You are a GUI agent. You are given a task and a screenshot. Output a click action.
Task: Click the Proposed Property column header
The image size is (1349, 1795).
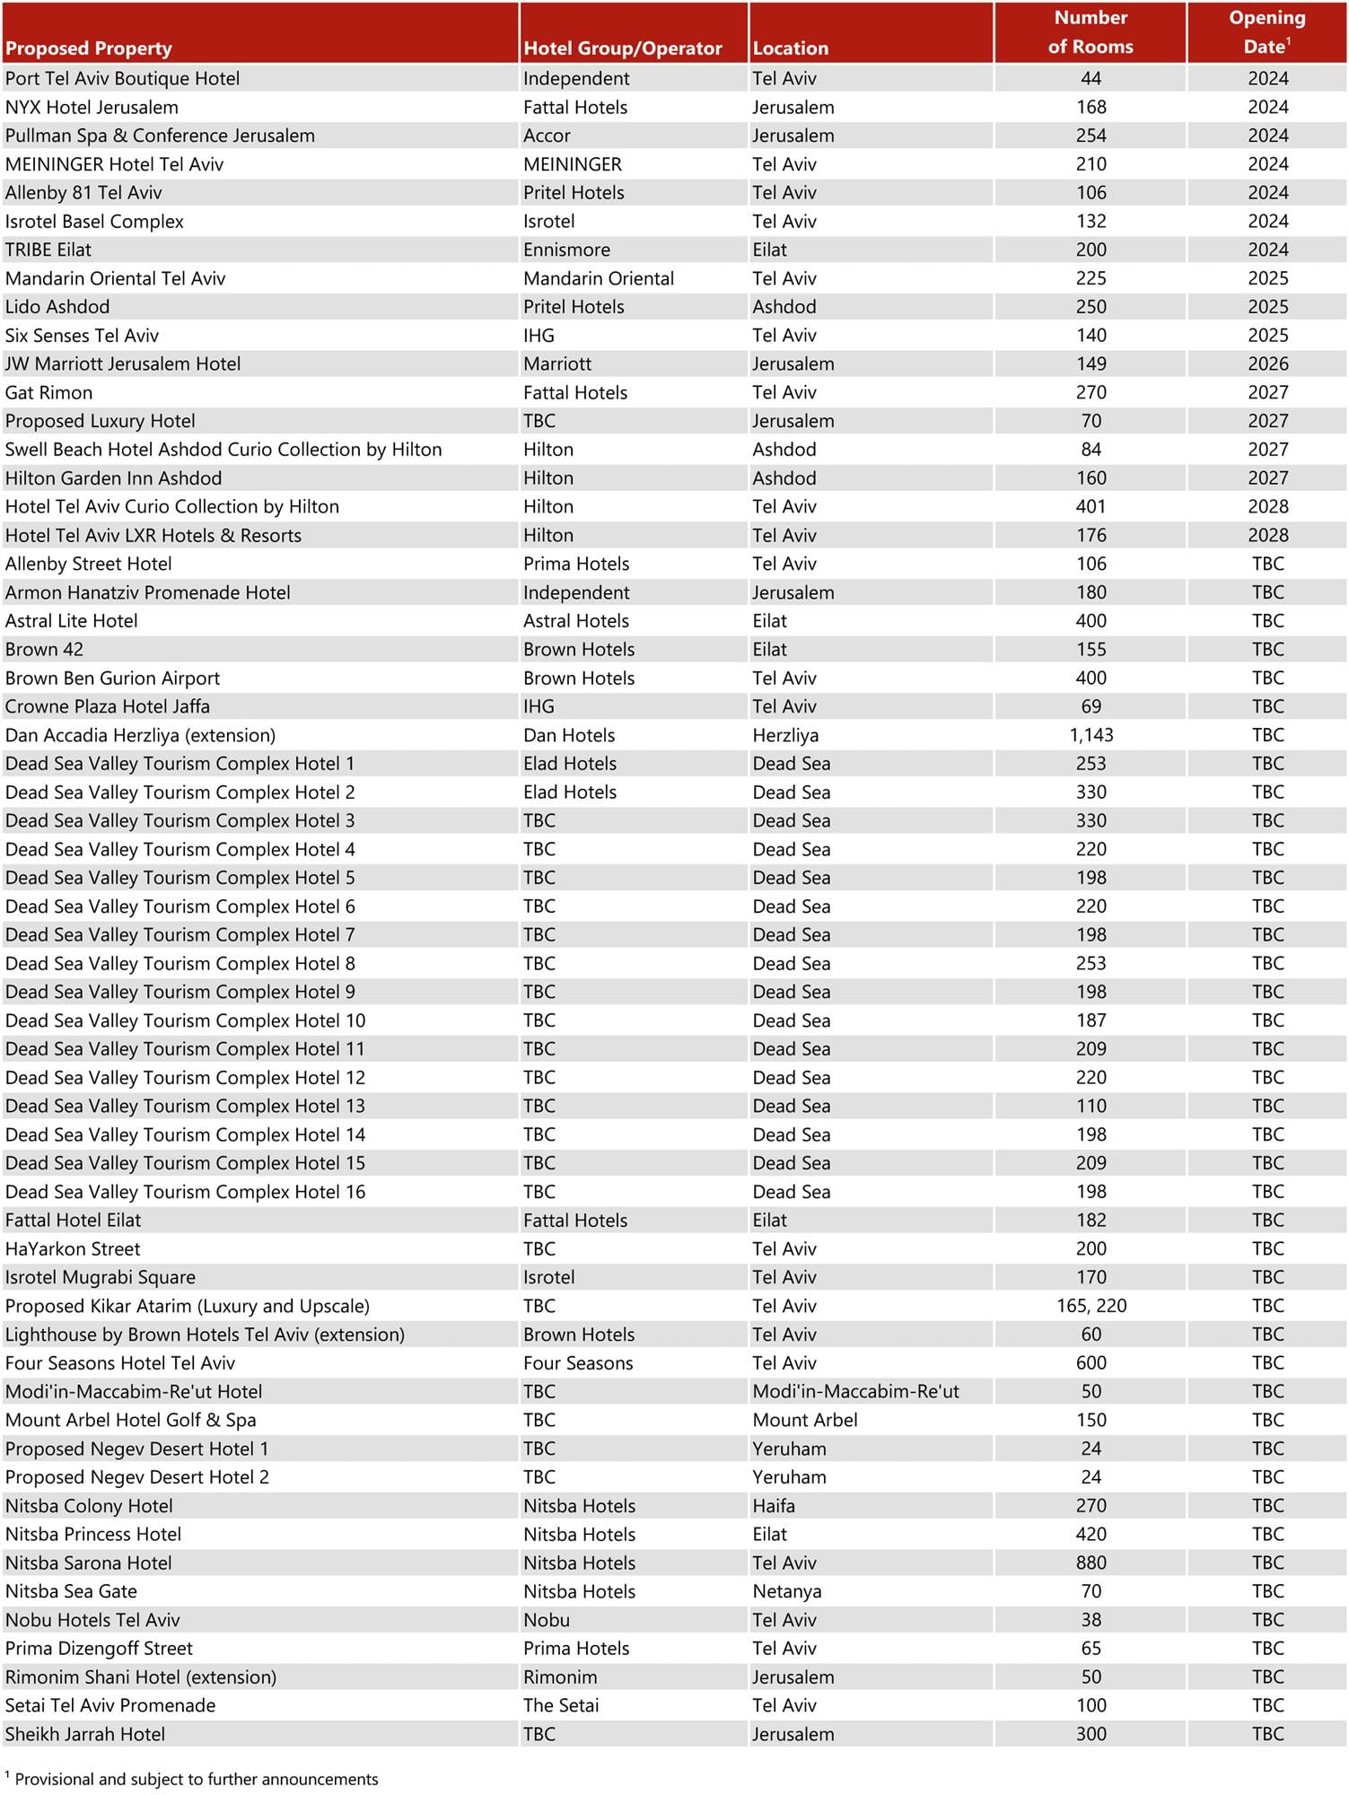pos(88,48)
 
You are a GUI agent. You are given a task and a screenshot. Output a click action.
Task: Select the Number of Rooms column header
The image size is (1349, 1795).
pos(1091,32)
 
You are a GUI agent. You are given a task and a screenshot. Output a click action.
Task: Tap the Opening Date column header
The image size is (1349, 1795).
pos(1266,32)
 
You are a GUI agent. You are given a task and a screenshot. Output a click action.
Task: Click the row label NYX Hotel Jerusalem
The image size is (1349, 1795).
pos(92,108)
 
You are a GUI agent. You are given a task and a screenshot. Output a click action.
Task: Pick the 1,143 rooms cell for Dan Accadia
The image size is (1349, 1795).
pos(1091,735)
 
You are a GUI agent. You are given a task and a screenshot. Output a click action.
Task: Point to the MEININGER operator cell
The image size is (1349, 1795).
pos(573,164)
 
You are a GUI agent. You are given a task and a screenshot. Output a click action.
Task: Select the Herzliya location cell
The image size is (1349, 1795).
pos(785,735)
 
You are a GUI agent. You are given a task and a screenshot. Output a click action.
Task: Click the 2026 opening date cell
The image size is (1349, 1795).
pos(1267,363)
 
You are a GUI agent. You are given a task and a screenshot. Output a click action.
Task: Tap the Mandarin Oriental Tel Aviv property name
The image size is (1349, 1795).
pos(115,278)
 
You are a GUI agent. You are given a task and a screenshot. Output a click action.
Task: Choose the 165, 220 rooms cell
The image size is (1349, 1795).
pos(1091,1306)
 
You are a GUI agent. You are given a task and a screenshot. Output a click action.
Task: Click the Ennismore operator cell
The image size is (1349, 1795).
pos(566,250)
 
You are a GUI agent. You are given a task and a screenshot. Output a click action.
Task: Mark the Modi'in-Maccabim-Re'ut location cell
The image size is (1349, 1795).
pos(855,1391)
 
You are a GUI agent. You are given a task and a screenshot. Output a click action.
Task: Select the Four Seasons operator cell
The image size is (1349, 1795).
pos(578,1362)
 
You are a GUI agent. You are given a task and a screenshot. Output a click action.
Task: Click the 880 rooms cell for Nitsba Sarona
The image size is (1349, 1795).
pos(1091,1563)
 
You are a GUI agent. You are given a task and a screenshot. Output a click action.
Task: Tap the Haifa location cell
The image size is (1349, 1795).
pos(774,1505)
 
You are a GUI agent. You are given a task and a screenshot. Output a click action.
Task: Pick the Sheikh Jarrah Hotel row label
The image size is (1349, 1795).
pos(85,1734)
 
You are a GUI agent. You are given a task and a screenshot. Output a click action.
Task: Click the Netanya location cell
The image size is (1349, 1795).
pos(786,1591)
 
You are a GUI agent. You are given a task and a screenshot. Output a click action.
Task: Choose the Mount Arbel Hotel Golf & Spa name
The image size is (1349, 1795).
pos(130,1420)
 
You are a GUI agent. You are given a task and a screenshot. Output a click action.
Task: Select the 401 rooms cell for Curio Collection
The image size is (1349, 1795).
pos(1091,506)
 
